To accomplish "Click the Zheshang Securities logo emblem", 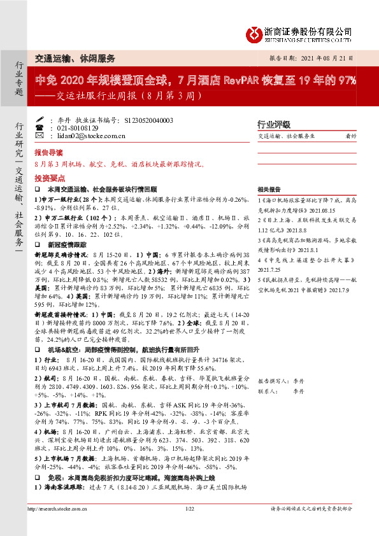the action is coord(254,31).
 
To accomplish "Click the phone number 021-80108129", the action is coord(83,128).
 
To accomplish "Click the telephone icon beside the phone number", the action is coord(50,128).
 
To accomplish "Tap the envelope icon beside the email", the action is coord(50,136).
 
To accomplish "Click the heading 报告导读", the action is coord(49,153).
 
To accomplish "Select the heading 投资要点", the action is coord(49,180).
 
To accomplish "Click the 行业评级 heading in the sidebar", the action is coord(273,124).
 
